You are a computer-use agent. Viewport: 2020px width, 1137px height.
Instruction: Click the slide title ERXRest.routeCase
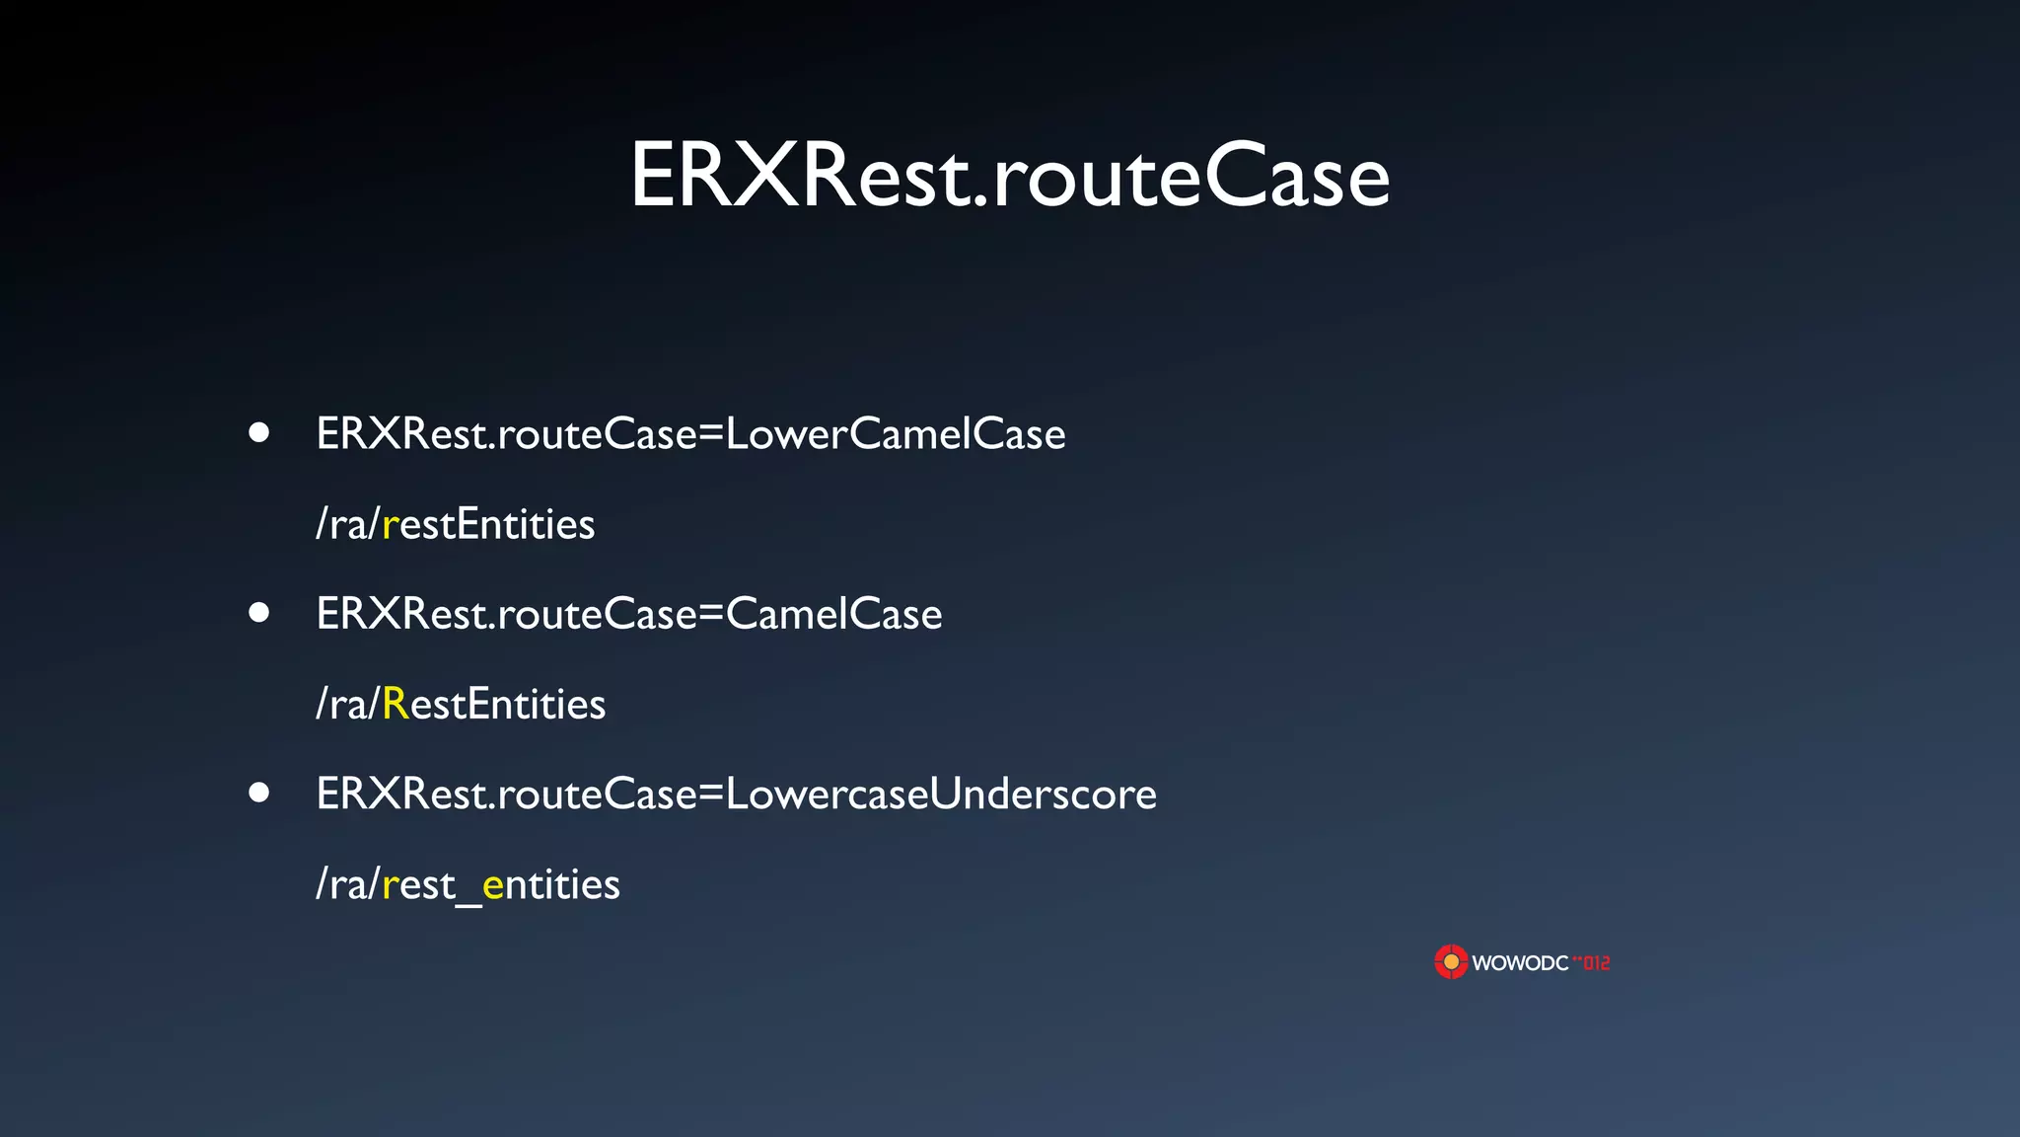pos(1009,176)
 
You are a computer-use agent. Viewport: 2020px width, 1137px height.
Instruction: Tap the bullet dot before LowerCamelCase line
pos(259,432)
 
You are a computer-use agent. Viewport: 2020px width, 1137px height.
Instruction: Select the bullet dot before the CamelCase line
pos(259,613)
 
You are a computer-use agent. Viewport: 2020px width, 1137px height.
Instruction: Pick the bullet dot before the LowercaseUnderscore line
pos(259,793)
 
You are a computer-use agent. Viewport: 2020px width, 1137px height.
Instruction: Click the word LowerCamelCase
pos(896,434)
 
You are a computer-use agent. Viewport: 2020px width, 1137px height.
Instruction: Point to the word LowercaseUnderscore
pos(941,795)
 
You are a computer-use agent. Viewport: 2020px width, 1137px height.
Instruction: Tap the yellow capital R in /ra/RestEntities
pos(395,705)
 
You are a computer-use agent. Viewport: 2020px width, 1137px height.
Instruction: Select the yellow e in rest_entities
pos(493,885)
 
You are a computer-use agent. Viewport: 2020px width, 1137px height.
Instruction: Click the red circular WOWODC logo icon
pos(1451,961)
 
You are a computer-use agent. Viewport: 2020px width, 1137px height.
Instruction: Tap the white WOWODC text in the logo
pos(1520,963)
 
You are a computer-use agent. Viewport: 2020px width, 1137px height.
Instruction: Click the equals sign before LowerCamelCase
pos(711,435)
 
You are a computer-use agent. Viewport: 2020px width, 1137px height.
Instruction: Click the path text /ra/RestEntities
pos(461,705)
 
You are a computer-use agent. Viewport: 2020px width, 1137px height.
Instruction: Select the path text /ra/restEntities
pos(455,525)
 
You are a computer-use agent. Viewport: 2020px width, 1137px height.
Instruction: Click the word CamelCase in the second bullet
pos(834,615)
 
